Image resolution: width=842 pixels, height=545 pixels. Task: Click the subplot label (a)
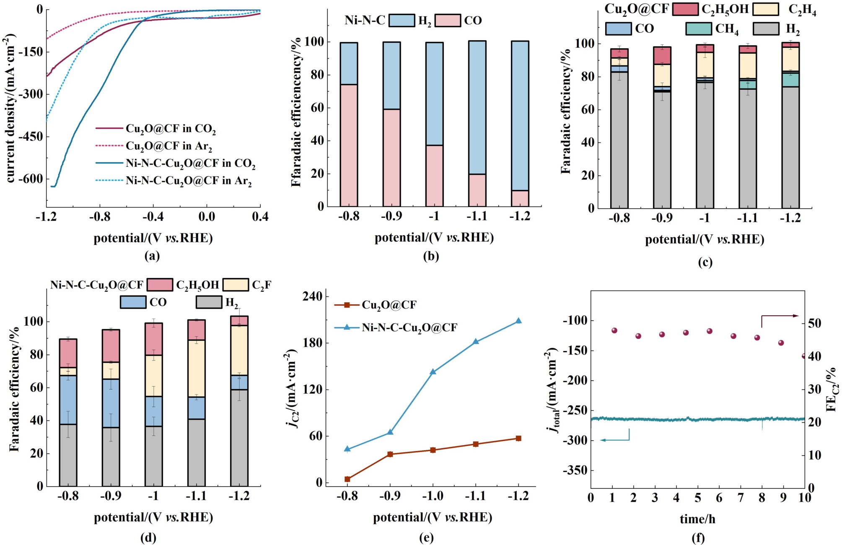click(152, 256)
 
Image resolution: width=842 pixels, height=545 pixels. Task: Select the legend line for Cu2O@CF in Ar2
click(109, 146)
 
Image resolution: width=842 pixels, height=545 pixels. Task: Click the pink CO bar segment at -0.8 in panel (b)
click(349, 145)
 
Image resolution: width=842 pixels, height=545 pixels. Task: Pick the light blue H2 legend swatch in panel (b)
click(402, 20)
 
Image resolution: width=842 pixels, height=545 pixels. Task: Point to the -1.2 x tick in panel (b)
click(520, 216)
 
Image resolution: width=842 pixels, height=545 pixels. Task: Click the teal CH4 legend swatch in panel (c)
click(699, 29)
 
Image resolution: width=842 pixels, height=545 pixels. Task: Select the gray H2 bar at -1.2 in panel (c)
click(790, 147)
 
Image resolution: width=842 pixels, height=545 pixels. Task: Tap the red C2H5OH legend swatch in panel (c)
click(685, 9)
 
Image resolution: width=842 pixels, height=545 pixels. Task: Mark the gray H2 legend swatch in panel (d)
click(209, 302)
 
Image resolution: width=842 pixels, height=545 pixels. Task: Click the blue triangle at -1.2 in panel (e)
click(518, 321)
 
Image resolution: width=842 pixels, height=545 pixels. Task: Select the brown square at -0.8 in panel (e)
click(347, 479)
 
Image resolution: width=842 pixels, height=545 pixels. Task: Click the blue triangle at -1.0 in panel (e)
click(433, 371)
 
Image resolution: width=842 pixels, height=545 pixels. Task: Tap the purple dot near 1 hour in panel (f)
click(614, 330)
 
